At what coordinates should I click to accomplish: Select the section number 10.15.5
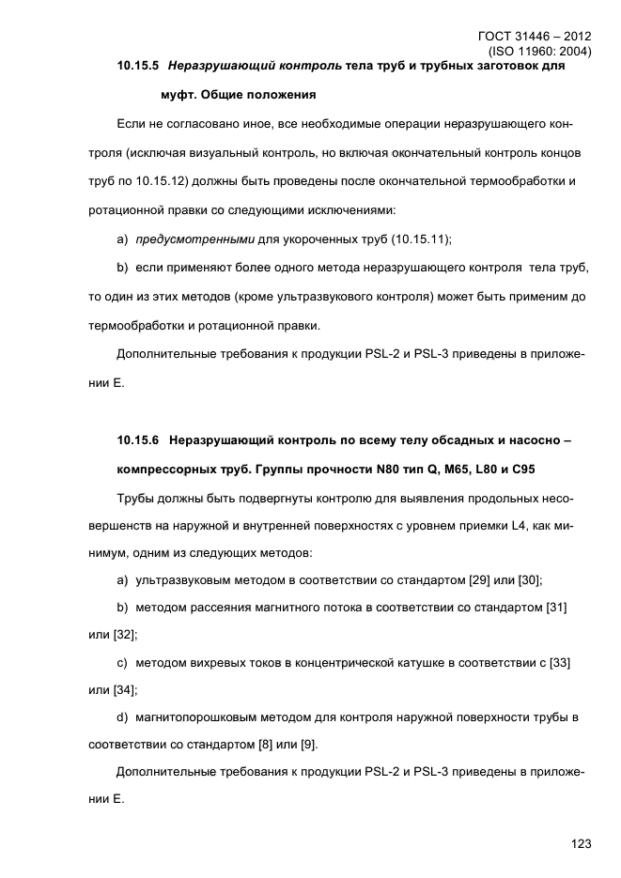(x=138, y=68)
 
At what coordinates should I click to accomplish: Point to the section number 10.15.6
(x=138, y=439)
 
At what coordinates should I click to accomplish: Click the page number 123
(x=580, y=844)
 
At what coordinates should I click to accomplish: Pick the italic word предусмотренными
(x=189, y=239)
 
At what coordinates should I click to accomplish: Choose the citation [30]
(x=530, y=580)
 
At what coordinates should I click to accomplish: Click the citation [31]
(x=556, y=608)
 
